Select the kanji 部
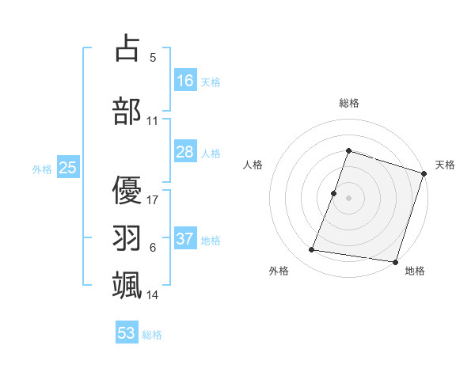(x=127, y=111)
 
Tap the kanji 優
(x=127, y=189)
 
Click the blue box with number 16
(x=185, y=80)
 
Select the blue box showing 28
(x=185, y=152)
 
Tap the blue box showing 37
(x=185, y=239)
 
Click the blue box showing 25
(x=67, y=168)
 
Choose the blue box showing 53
(x=127, y=333)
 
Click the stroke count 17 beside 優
(x=153, y=199)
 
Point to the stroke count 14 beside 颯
(x=153, y=294)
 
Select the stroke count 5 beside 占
(x=153, y=58)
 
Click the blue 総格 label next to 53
(x=152, y=335)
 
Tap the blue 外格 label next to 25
(x=42, y=169)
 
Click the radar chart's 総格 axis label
(x=348, y=103)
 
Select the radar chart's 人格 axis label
(x=253, y=165)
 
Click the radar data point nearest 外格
(x=311, y=250)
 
